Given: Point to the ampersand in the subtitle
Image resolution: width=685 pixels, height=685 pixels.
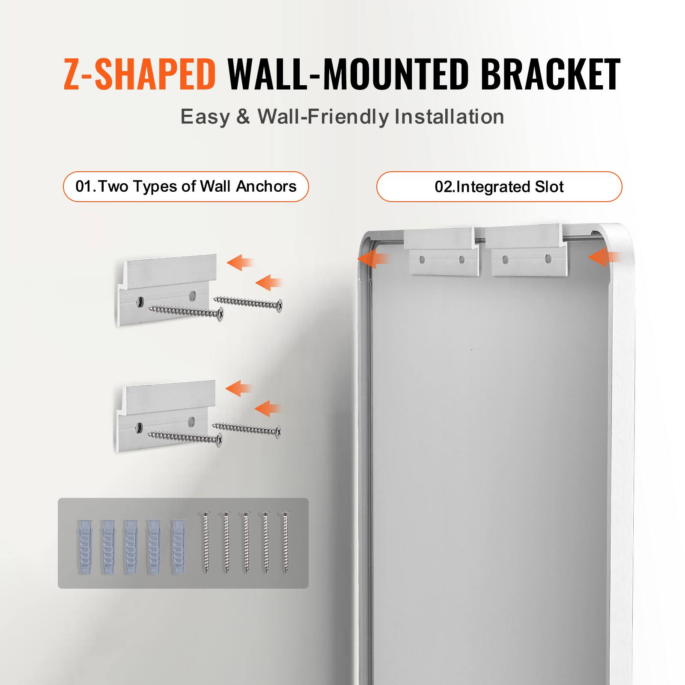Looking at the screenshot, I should [x=243, y=116].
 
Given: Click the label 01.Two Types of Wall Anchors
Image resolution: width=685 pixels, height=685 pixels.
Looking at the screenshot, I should [x=186, y=187].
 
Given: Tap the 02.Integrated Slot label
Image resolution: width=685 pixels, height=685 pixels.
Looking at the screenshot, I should [x=499, y=187].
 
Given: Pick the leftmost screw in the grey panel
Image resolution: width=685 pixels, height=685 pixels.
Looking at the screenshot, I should [x=206, y=543].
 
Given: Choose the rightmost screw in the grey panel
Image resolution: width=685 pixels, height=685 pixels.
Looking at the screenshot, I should [x=285, y=543].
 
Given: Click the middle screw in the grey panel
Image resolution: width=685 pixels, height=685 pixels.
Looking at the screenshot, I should [x=246, y=543].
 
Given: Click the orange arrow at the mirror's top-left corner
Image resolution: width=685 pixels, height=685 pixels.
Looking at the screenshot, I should [x=372, y=259].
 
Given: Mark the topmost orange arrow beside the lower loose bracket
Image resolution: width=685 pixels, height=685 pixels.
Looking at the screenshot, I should [x=238, y=388].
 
